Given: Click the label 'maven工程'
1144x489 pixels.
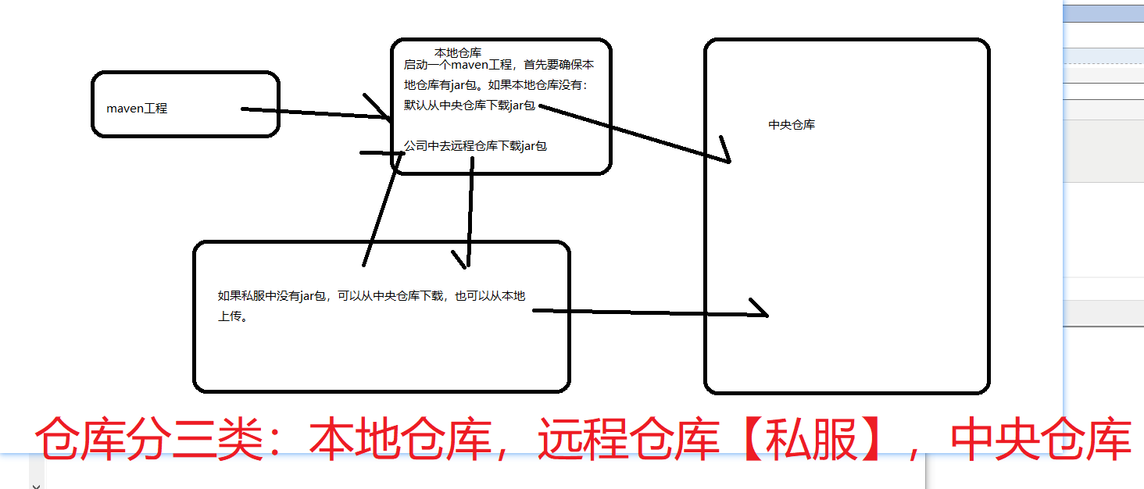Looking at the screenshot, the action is coord(137,109).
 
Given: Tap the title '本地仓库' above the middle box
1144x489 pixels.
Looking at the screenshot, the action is coord(458,52).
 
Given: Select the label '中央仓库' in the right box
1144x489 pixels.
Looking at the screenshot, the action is coord(792,125).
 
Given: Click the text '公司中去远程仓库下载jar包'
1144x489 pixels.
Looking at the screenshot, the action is coord(475,145).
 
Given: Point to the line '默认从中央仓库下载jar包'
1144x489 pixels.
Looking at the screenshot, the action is coord(469,105).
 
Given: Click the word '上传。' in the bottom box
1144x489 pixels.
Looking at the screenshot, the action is coord(233,317).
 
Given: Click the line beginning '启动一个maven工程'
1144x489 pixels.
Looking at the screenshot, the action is coord(499,65).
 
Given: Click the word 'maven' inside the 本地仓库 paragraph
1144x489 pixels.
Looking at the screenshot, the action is coord(470,65).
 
